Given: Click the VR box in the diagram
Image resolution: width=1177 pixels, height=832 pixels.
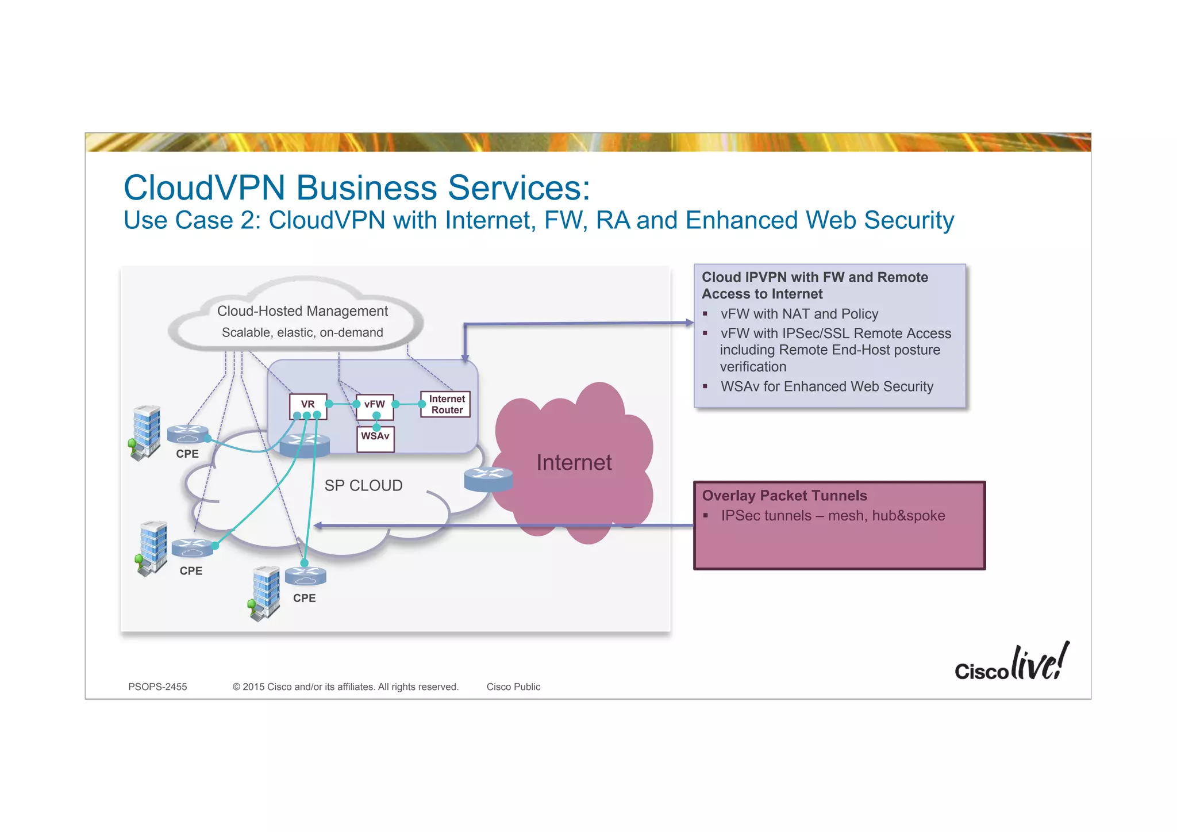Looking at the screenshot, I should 308,404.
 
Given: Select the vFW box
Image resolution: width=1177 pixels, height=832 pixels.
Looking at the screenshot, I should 375,404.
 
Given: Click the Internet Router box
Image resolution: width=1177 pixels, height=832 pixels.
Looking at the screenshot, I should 446,404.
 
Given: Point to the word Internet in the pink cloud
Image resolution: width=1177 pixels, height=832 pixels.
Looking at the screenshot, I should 574,462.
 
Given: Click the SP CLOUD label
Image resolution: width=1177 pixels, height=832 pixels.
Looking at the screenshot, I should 363,486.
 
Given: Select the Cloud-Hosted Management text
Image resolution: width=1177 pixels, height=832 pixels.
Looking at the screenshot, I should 302,311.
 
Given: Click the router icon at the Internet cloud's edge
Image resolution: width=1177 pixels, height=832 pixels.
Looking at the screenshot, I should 488,478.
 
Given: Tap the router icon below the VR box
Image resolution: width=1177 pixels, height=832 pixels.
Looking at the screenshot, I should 305,444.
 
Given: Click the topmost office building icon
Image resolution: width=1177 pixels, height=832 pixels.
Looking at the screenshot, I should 146,431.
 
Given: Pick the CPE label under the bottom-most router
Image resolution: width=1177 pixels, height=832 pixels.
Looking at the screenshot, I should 304,598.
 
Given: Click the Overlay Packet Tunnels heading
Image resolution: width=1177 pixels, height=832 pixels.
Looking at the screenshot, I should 784,496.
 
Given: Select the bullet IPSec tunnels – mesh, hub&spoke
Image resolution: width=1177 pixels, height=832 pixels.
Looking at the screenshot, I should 832,516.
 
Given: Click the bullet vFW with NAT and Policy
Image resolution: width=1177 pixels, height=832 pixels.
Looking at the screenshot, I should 799,314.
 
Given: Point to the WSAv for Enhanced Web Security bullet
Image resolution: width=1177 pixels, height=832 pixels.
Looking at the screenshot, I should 826,386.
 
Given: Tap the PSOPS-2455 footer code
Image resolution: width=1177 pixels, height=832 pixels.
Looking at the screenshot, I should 157,687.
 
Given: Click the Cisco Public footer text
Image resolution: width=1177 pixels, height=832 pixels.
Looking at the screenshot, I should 513,687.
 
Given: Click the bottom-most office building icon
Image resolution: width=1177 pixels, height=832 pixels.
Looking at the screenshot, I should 266,592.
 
